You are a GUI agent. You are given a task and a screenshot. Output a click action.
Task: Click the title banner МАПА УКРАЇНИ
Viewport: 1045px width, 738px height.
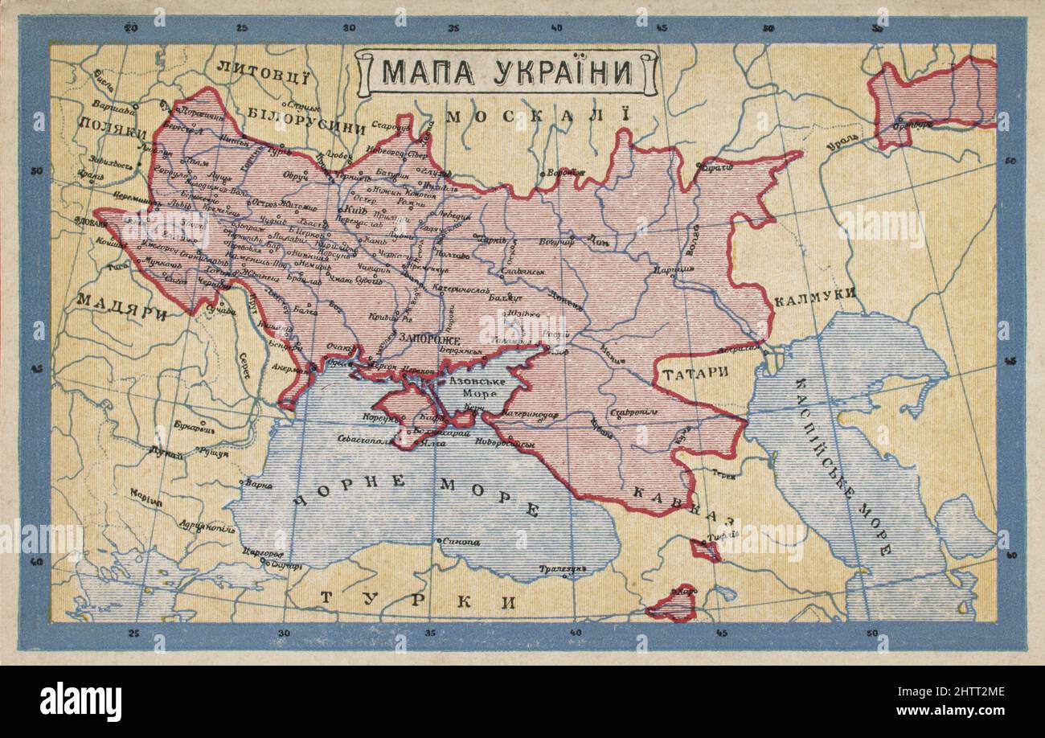[x=506, y=72]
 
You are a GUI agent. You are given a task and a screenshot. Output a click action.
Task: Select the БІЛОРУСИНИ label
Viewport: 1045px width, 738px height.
[x=305, y=129]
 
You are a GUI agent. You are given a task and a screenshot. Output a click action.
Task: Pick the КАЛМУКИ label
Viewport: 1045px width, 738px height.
[x=813, y=296]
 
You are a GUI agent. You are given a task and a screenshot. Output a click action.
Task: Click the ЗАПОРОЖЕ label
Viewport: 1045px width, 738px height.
[x=429, y=340]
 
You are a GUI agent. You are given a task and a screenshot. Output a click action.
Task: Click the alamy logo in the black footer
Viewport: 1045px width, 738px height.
[x=80, y=700]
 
